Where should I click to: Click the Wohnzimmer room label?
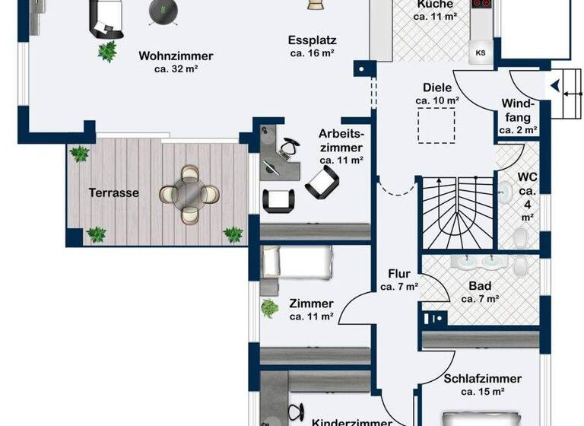click(x=176, y=56)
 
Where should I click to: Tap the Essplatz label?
click(x=312, y=40)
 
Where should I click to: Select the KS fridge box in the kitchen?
click(x=480, y=52)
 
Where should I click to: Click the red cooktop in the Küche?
click(x=481, y=3)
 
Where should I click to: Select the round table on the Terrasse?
click(x=187, y=193)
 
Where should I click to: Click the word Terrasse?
click(x=113, y=193)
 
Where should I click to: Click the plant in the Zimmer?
click(x=269, y=308)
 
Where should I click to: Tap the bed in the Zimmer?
click(x=296, y=263)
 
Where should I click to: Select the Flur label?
click(x=399, y=273)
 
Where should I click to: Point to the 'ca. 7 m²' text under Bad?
click(x=480, y=300)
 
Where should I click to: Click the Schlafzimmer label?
click(x=482, y=379)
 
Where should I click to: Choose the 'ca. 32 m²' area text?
click(x=176, y=70)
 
